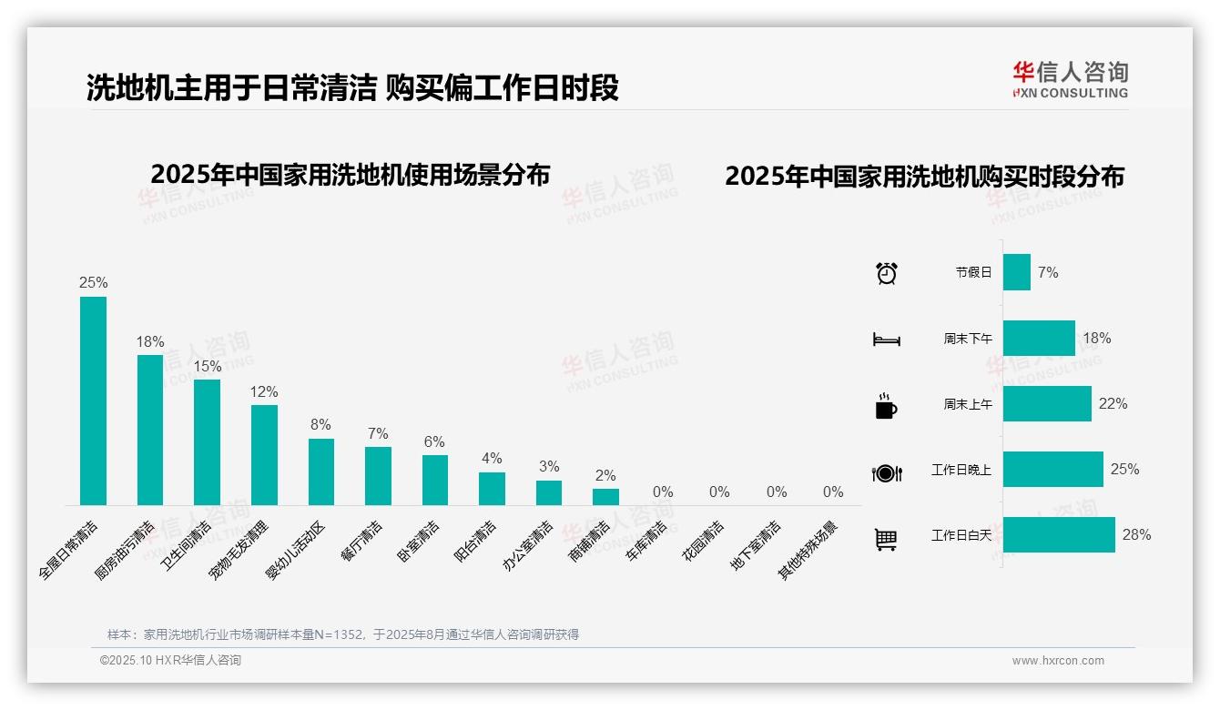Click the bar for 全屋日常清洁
pos(93,401)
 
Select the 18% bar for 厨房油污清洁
pos(150,430)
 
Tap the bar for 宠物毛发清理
pos(264,455)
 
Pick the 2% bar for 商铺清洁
pos(605,497)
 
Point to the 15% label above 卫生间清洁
pos(207,366)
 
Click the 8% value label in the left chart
pos(320,425)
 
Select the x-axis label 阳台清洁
pos(476,543)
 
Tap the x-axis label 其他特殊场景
pos(808,550)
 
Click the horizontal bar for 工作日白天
pos(1059,535)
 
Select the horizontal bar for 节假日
pos(1017,272)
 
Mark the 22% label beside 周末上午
pos(1113,403)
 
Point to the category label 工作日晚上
pos(961,470)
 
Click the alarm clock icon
pos(887,272)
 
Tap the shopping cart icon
pos(886,539)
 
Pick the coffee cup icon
pos(886,406)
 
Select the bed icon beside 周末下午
pos(886,340)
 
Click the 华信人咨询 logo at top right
pos(1070,79)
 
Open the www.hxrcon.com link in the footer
pos(1058,661)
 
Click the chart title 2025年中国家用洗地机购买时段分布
pos(924,176)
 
